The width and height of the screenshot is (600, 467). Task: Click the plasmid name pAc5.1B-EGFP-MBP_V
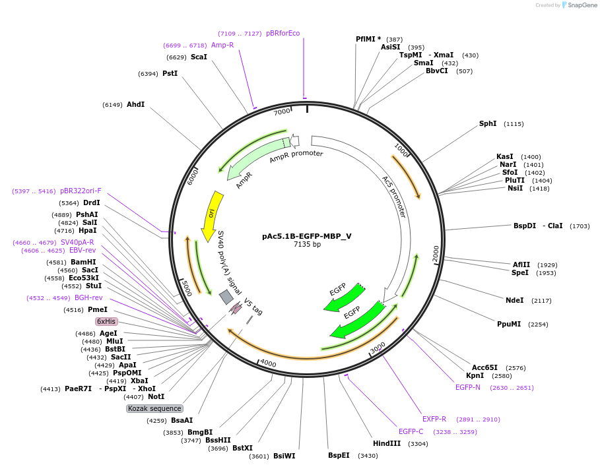[x=307, y=235]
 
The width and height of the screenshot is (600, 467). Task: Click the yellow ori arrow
[x=211, y=214]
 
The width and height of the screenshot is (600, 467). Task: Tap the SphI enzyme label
[x=488, y=124]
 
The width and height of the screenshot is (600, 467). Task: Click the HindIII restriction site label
[x=387, y=443]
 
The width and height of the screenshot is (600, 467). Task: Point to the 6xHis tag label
[x=106, y=321]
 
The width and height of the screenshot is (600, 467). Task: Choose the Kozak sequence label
[x=154, y=408]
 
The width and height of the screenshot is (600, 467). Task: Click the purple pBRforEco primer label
[x=283, y=34]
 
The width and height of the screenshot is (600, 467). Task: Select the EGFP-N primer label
[x=468, y=387]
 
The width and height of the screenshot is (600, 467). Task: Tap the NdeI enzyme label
[x=514, y=300]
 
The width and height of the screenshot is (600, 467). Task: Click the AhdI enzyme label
[x=135, y=104]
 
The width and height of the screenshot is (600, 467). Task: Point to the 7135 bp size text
[x=307, y=244]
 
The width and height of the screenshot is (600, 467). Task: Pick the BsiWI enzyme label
[x=284, y=456]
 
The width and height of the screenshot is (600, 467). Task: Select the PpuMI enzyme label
[x=509, y=324]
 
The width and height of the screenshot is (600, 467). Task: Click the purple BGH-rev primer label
[x=88, y=298]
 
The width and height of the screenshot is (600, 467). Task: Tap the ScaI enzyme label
[x=199, y=57]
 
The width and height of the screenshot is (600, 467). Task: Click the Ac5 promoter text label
[x=394, y=196]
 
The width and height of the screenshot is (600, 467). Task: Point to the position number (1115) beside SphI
[x=514, y=124]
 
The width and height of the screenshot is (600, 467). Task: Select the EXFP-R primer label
[x=434, y=419]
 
